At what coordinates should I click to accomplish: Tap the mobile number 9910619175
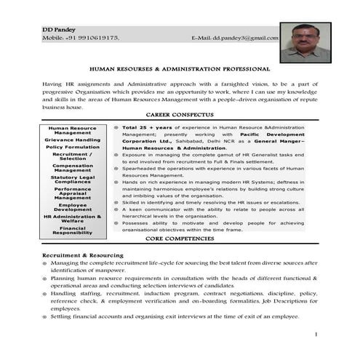click(95, 37)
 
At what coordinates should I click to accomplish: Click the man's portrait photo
click(305, 41)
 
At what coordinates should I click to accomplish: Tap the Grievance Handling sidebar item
click(72, 139)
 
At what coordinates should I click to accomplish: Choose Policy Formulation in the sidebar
click(72, 147)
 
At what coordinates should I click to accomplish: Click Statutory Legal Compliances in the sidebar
click(72, 180)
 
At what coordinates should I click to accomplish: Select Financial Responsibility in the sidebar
click(72, 231)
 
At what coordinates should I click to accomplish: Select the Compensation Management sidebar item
click(72, 168)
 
